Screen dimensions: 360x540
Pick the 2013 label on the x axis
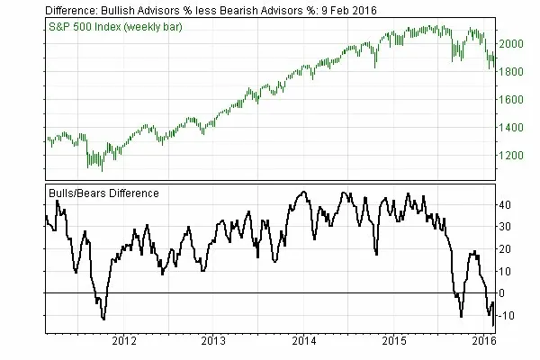point(213,342)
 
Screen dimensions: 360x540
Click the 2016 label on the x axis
point(484,342)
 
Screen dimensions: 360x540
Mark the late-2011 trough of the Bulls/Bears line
point(104,319)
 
